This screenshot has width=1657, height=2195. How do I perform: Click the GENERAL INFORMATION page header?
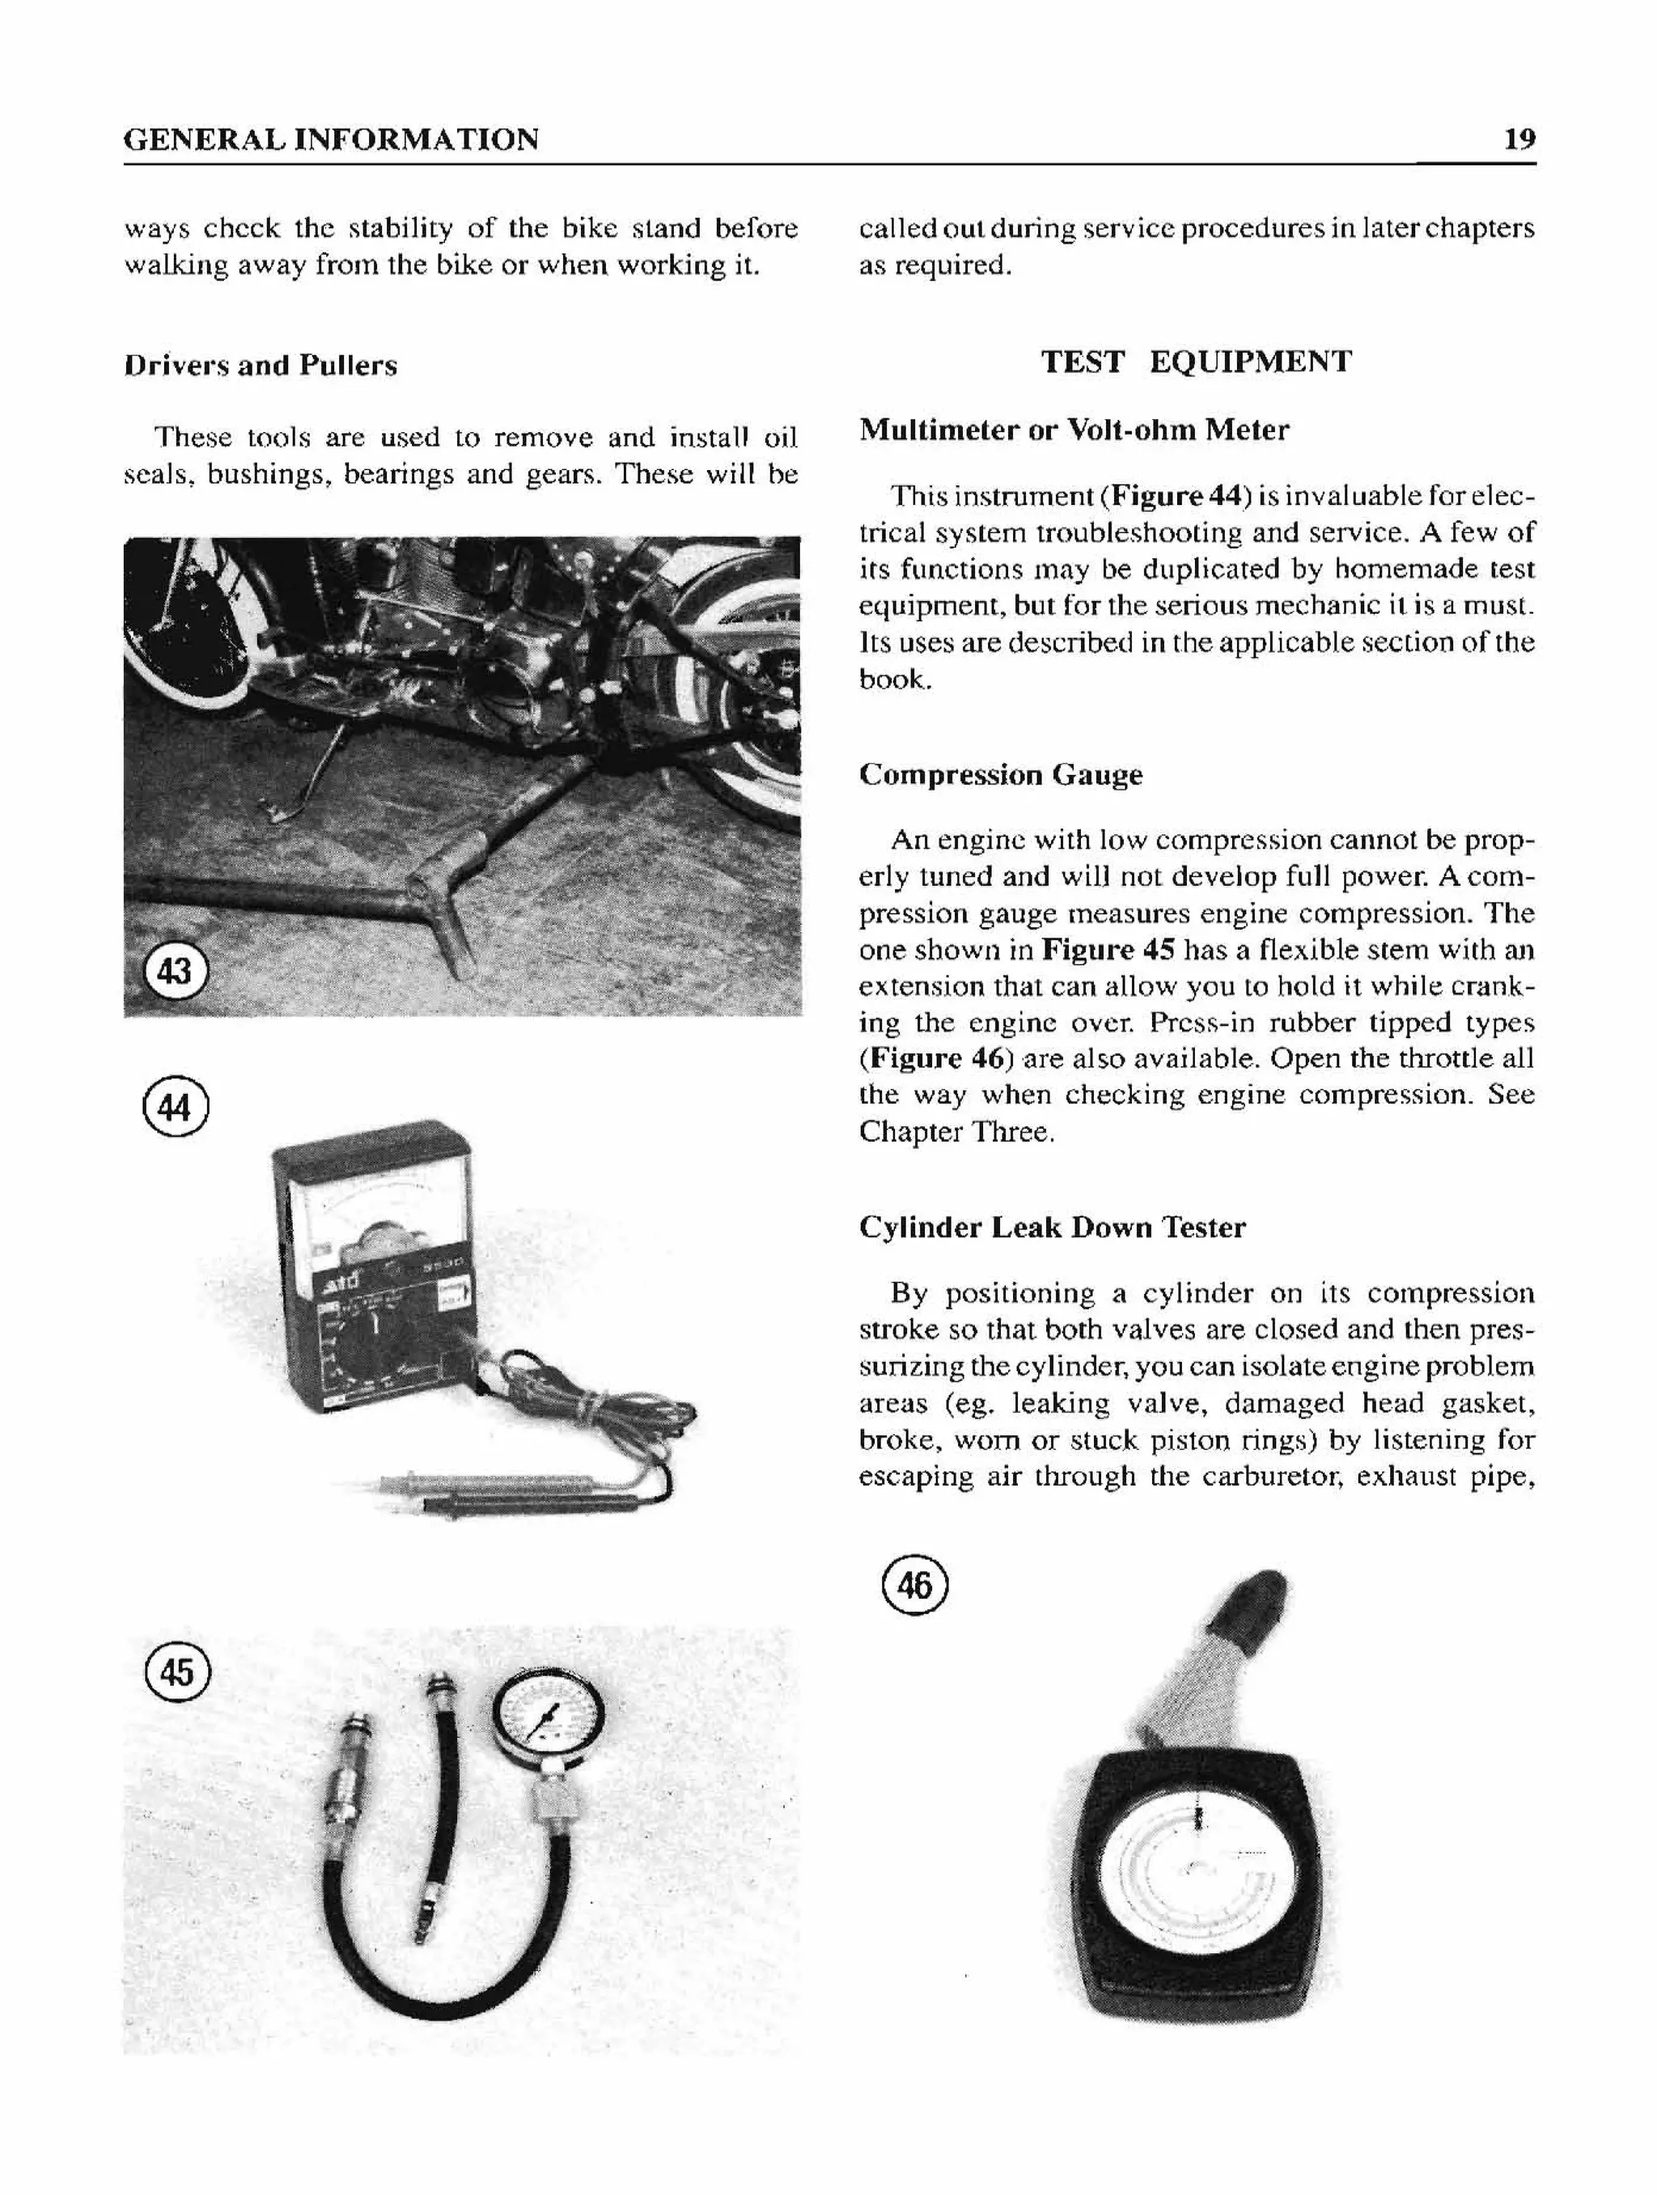point(332,139)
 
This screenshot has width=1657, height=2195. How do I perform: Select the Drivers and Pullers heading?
point(260,367)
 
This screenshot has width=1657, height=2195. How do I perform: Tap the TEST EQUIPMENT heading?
point(1196,361)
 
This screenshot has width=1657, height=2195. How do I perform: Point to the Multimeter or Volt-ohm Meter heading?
point(1074,430)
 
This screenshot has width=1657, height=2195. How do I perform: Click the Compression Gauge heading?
point(1000,774)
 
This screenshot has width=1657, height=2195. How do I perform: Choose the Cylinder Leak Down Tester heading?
point(1052,1227)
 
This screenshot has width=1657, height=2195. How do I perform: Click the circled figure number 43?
point(176,972)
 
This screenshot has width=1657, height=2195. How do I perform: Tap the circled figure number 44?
point(176,1108)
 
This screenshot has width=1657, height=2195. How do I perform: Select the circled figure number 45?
point(178,1673)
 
